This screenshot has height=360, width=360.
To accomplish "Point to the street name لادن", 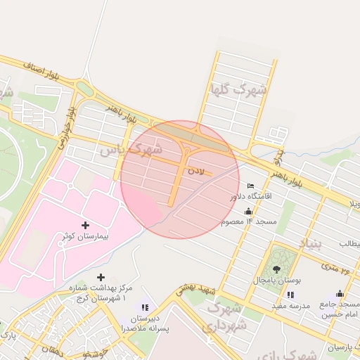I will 195,170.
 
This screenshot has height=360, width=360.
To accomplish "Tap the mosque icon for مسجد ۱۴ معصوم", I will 247,211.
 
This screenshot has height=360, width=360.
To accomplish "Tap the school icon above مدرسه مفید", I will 290,295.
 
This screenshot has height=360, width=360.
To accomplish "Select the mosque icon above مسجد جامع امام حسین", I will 340,294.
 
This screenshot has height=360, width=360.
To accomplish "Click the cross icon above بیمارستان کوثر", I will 86,225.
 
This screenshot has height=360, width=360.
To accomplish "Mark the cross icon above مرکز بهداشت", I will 101,277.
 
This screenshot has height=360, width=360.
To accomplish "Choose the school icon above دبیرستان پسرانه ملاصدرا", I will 145,307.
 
